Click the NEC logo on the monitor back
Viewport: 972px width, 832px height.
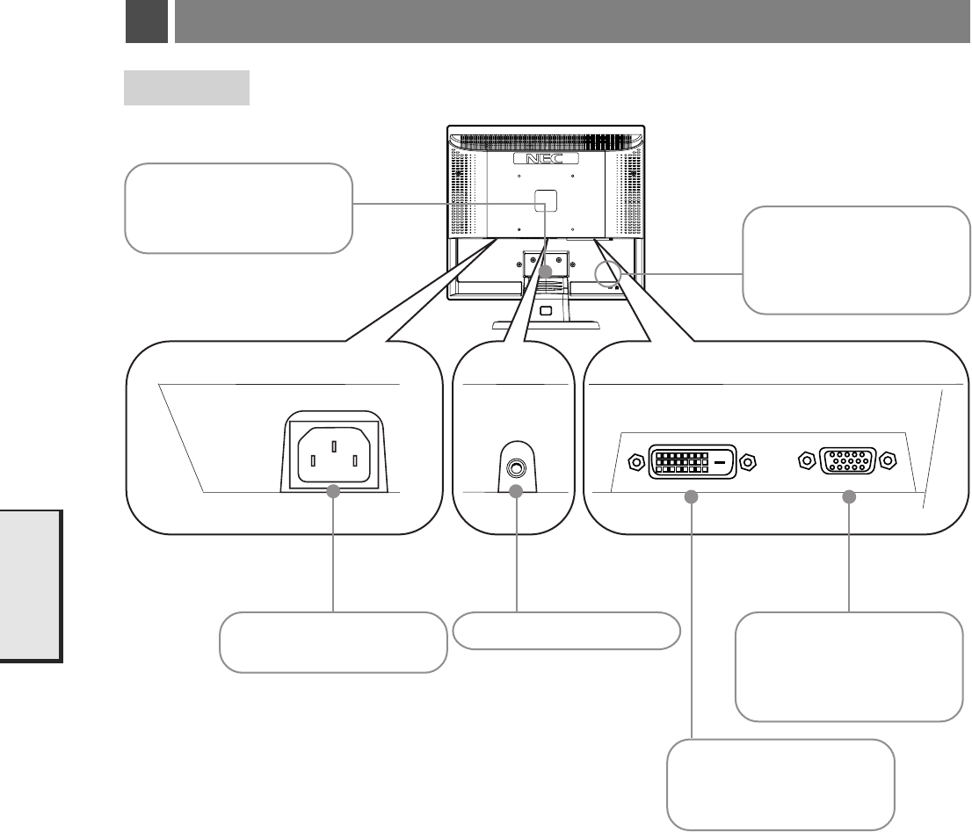(x=546, y=160)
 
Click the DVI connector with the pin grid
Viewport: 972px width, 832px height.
(x=691, y=460)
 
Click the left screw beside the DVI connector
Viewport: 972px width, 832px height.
(x=635, y=460)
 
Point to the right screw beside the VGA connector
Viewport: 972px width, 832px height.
(x=889, y=459)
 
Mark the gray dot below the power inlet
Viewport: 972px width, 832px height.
(x=334, y=492)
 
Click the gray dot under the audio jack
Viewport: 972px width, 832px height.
(x=516, y=492)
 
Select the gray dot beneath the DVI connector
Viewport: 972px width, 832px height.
(x=691, y=497)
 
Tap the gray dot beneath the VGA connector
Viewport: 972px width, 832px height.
(x=849, y=497)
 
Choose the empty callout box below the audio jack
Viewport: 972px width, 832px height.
(x=567, y=631)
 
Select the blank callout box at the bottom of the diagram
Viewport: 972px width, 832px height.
(x=781, y=784)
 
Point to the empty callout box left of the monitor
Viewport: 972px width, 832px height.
(x=238, y=208)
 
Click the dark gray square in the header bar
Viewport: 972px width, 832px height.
(x=146, y=22)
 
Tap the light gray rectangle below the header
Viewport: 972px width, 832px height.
(x=186, y=88)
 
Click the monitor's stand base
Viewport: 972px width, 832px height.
(x=546, y=324)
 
